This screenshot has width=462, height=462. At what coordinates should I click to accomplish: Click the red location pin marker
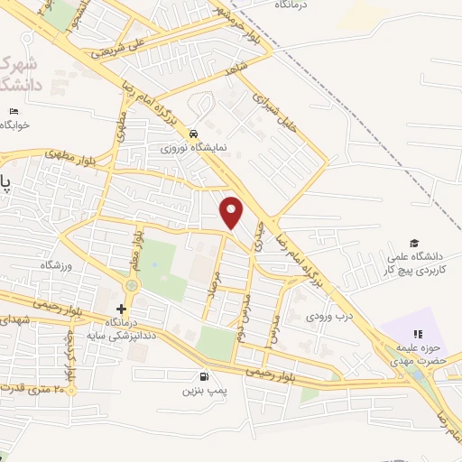(x=233, y=213)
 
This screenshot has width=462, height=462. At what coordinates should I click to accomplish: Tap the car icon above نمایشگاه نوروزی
(x=193, y=130)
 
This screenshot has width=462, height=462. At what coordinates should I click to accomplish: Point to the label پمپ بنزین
(x=202, y=391)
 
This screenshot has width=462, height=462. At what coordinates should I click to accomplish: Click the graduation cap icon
(x=414, y=243)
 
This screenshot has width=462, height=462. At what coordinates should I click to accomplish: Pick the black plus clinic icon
(x=122, y=309)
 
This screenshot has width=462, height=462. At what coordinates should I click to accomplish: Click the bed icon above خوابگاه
(x=13, y=111)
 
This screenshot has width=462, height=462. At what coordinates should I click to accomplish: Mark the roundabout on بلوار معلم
(x=133, y=286)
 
